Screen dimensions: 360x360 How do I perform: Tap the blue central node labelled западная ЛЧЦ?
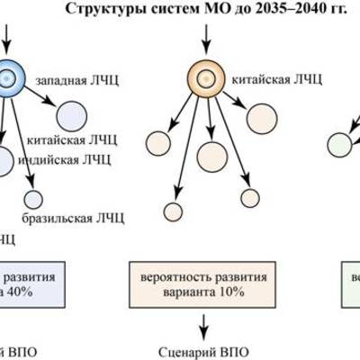10,77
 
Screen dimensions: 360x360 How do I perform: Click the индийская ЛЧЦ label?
71,160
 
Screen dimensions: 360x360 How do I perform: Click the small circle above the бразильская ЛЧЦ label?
33,199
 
